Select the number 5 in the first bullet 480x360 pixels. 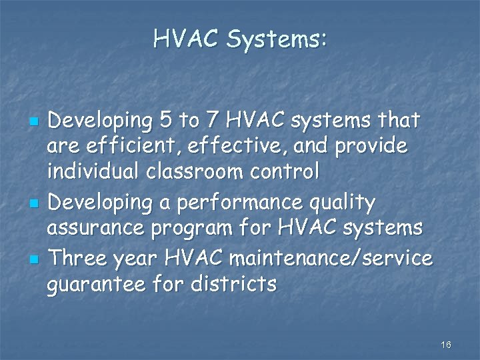pos(164,121)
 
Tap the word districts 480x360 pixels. pos(233,284)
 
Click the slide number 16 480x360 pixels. pos(446,345)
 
